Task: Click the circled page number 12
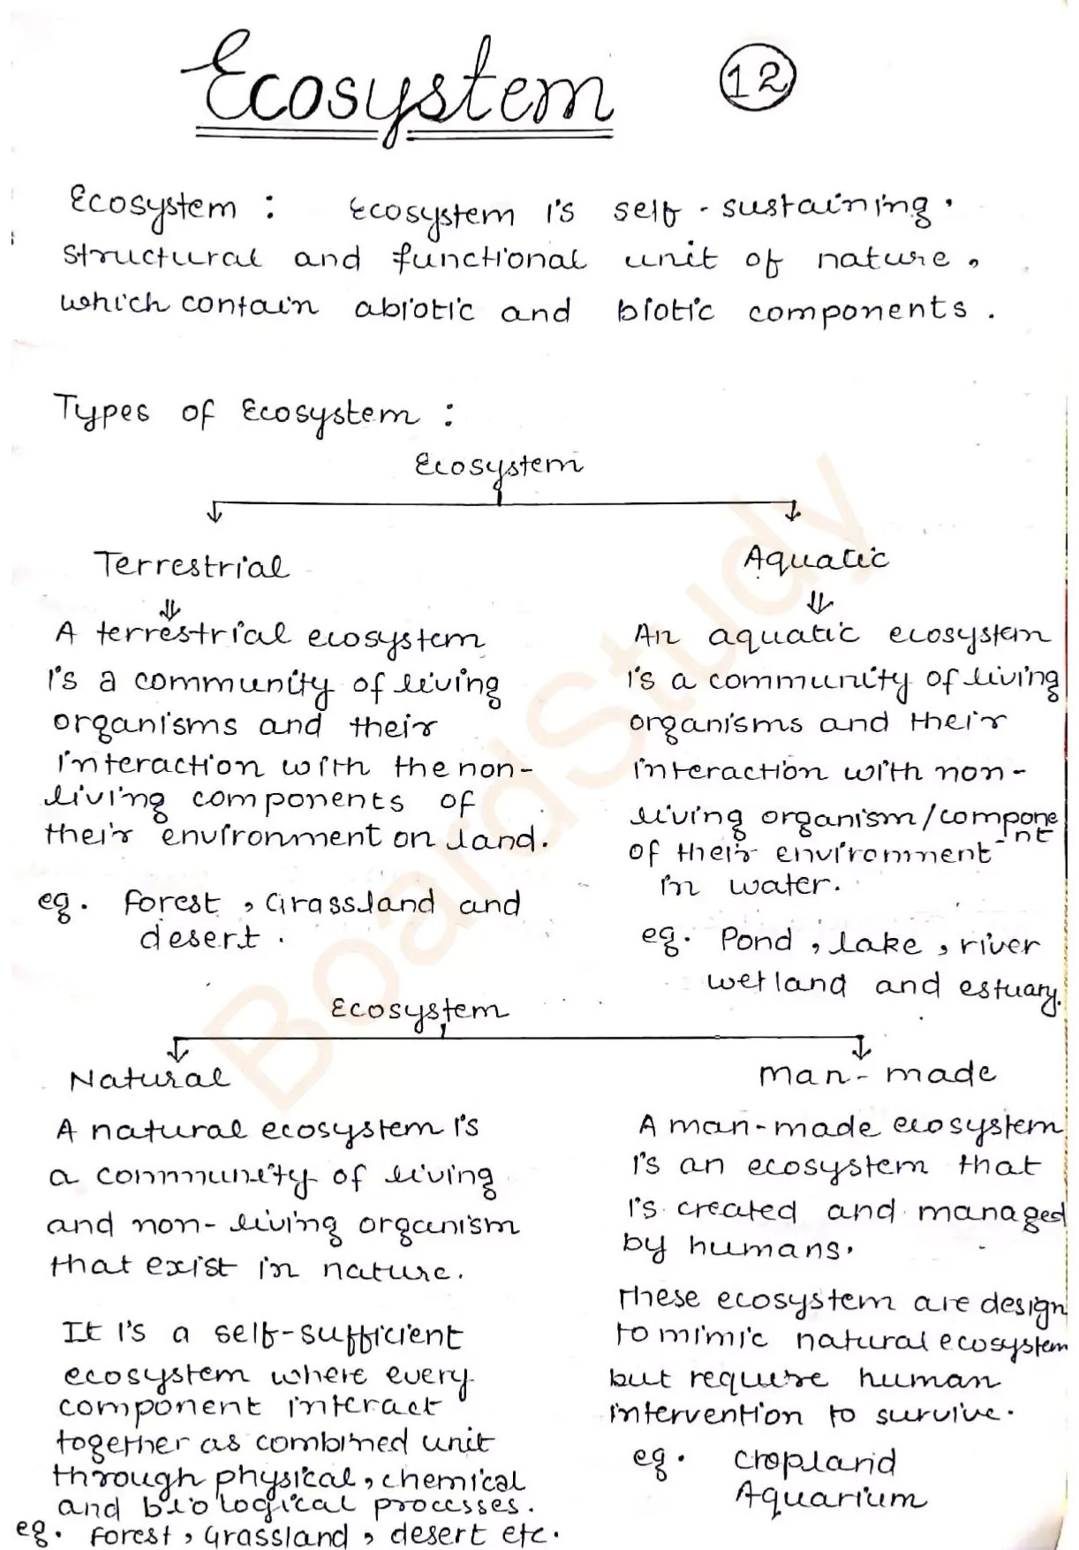pyautogui.click(x=758, y=80)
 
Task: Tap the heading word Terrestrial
pyautogui.click(x=192, y=565)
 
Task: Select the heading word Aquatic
pyautogui.click(x=815, y=559)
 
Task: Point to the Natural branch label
pyautogui.click(x=149, y=1079)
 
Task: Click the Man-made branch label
pyautogui.click(x=876, y=1074)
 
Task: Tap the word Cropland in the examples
pyautogui.click(x=814, y=1463)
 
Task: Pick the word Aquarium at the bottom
pyautogui.click(x=830, y=1498)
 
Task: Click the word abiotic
pyautogui.click(x=414, y=310)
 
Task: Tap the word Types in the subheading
pyautogui.click(x=102, y=412)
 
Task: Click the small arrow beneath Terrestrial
pyautogui.click(x=170, y=609)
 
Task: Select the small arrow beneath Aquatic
pyautogui.click(x=819, y=603)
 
